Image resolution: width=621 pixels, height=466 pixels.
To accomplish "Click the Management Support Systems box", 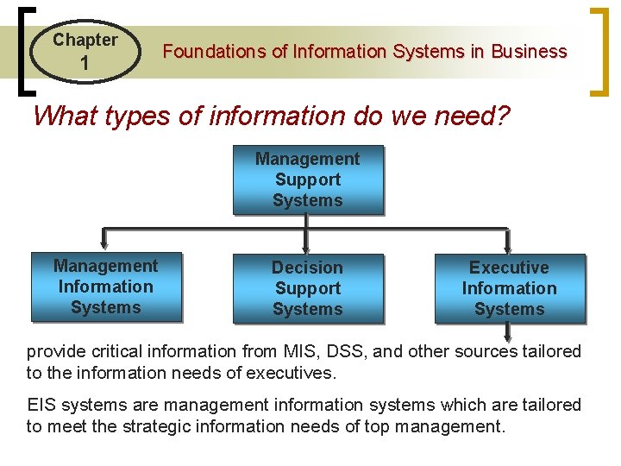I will [308, 179].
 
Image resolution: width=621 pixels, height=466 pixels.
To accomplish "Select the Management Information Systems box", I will [106, 287].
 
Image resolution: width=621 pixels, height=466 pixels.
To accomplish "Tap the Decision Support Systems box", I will [308, 288].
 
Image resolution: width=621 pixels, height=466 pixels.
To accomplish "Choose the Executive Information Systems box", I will [509, 288].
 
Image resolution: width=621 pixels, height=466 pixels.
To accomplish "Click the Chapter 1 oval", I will [85, 51].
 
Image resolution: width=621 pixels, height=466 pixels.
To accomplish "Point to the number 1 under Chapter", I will [85, 64].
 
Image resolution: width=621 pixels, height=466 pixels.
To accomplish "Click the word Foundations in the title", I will [216, 52].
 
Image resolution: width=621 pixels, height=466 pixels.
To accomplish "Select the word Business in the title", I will [529, 52].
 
